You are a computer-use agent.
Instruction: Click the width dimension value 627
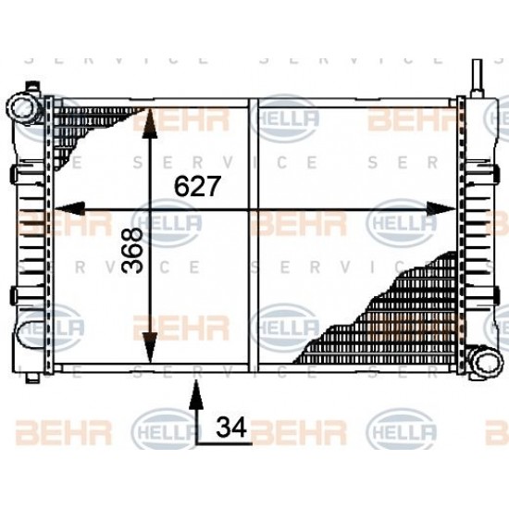click(197, 185)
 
